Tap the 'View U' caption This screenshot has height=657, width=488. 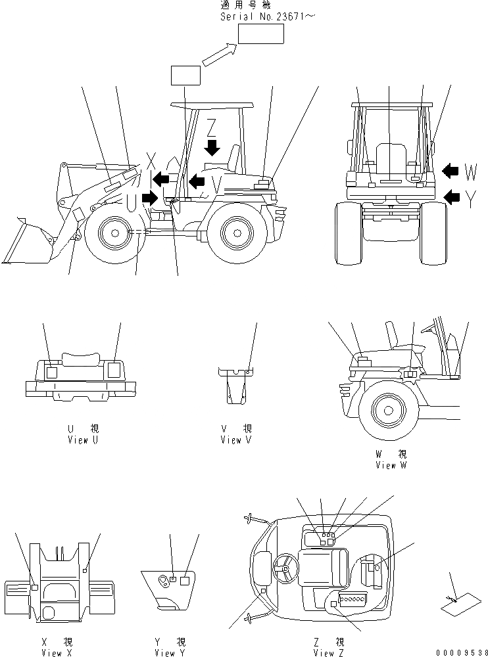(x=83, y=440)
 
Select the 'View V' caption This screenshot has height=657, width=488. (x=236, y=440)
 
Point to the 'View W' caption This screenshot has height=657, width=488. (x=391, y=464)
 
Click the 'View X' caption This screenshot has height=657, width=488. (x=51, y=652)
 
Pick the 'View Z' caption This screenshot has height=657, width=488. (x=329, y=652)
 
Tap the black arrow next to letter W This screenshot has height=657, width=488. (x=450, y=171)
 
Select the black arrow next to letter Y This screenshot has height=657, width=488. (x=452, y=196)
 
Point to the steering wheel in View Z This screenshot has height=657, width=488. (x=286, y=568)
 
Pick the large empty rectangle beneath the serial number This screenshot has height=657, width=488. (x=261, y=35)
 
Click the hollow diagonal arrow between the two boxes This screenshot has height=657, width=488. (x=220, y=55)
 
